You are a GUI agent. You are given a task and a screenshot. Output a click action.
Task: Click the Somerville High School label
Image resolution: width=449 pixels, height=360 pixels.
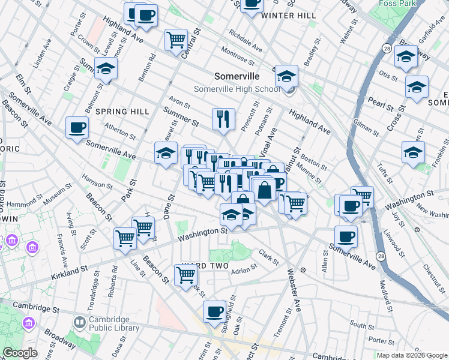pyautogui.click(x=237, y=89)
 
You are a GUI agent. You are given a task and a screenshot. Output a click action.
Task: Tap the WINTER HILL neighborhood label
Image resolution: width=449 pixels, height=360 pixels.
pyautogui.click(x=289, y=15)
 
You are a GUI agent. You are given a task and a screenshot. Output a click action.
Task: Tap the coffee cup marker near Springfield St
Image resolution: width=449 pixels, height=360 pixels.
pyautogui.click(x=214, y=311)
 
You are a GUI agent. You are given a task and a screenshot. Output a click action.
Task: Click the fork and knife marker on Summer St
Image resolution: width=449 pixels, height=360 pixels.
pyautogui.click(x=223, y=118)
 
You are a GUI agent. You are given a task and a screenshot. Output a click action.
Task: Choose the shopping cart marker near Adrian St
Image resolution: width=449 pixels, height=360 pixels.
pyautogui.click(x=186, y=275)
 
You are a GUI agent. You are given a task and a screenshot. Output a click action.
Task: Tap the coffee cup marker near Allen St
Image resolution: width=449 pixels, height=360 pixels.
pyautogui.click(x=346, y=236)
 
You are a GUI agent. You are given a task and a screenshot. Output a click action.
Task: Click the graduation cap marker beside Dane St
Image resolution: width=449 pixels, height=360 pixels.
pyautogui.click(x=166, y=153)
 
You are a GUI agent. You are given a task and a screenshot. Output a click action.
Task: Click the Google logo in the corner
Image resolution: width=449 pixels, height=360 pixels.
pyautogui.click(x=20, y=353)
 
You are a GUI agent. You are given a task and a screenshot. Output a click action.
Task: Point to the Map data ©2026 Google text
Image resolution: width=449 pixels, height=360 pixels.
pyautogui.click(x=411, y=355)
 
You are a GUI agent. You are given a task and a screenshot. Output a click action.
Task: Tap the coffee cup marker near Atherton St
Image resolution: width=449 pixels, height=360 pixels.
pyautogui.click(x=77, y=127)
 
